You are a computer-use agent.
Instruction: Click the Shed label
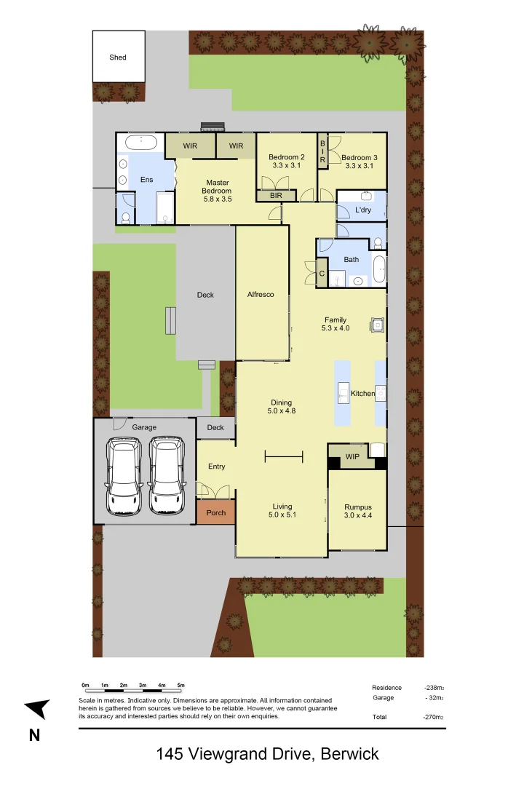[118, 57]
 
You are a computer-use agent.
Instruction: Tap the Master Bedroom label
[218, 187]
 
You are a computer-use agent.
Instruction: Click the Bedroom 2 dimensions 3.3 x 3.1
[286, 166]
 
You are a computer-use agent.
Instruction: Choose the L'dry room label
[363, 210]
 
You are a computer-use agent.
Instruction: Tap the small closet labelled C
[322, 274]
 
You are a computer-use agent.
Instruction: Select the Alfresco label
[261, 294]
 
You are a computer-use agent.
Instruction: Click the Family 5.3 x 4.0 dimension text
[336, 328]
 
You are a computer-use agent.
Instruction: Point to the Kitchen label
[362, 394]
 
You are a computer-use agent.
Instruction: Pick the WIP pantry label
[352, 457]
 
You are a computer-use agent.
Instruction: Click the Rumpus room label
[358, 507]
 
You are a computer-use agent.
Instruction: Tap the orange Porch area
[216, 512]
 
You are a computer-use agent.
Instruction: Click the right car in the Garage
[165, 477]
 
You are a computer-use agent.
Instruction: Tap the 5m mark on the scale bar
[181, 686]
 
